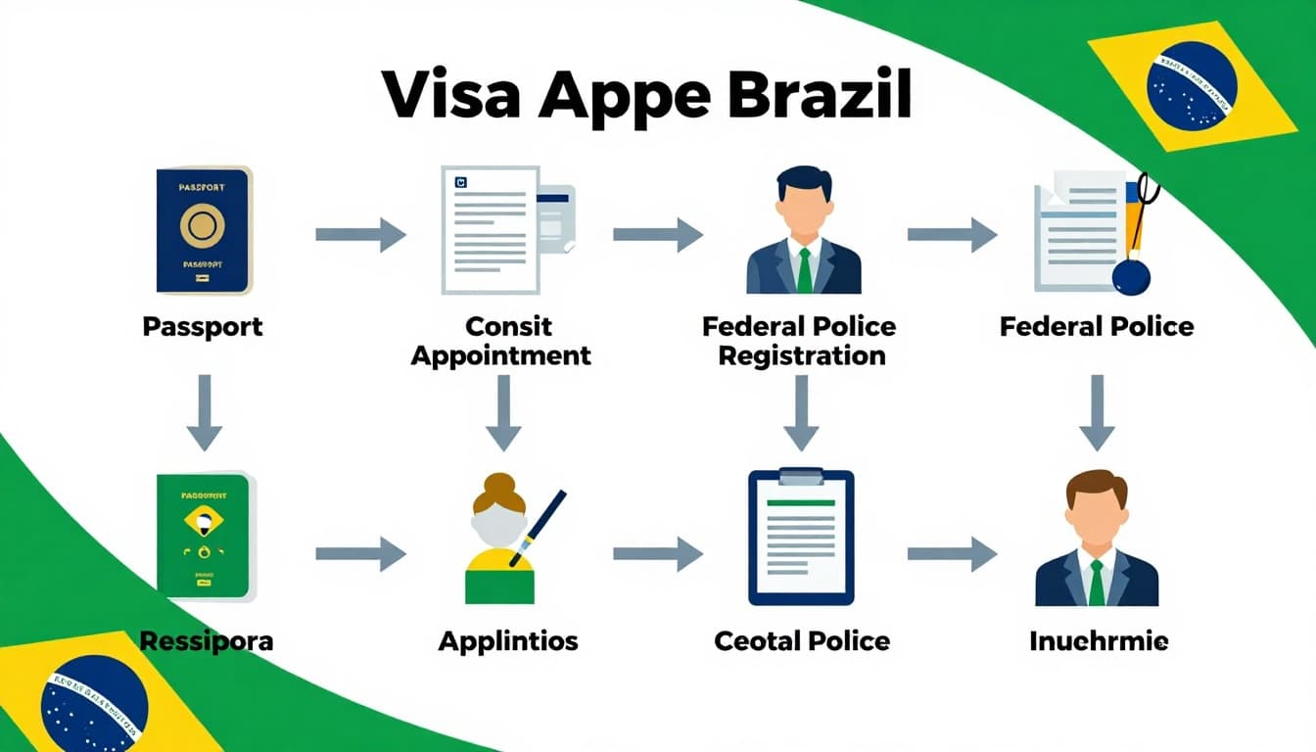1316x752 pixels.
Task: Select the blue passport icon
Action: (x=204, y=230)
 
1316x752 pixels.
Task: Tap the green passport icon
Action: (x=205, y=536)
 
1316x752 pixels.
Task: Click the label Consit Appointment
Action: (x=501, y=340)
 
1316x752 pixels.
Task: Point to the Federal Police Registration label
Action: (x=800, y=340)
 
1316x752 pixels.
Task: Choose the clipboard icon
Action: (x=801, y=537)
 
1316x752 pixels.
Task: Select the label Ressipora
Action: (x=206, y=641)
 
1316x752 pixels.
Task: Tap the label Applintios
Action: (x=508, y=641)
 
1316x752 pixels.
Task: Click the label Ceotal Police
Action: (x=802, y=641)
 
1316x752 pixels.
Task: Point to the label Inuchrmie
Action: (x=1099, y=641)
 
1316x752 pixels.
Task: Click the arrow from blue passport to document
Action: (x=360, y=235)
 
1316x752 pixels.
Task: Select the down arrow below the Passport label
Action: (x=205, y=412)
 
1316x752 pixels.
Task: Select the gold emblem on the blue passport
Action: (x=203, y=226)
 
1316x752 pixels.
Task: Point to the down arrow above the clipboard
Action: (x=801, y=412)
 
